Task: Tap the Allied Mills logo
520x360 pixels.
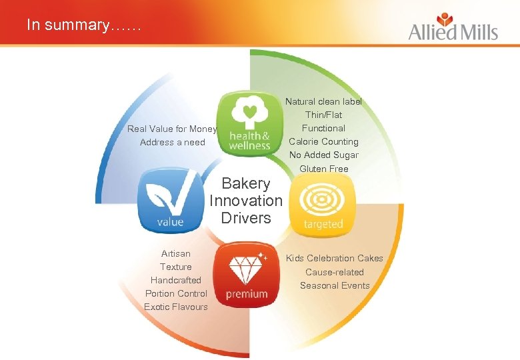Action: (453, 27)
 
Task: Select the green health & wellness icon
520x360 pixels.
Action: (249, 123)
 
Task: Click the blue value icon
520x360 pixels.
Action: (170, 200)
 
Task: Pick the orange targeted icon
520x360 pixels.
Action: (323, 203)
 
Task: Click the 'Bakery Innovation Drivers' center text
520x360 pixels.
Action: (246, 201)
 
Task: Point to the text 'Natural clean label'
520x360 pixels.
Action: (323, 102)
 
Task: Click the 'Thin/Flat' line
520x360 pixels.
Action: (323, 115)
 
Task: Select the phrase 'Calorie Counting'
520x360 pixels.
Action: (323, 141)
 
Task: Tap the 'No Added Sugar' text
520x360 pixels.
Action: (323, 155)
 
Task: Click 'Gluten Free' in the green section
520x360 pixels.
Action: (323, 169)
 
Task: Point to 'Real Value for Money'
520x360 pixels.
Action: (172, 129)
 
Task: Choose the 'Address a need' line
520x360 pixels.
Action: (172, 142)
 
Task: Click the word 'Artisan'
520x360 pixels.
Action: (176, 253)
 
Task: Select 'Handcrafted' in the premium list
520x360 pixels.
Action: (176, 280)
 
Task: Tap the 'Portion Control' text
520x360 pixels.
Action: (176, 293)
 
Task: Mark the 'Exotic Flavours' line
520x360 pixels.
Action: (176, 307)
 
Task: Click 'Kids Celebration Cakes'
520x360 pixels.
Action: (335, 258)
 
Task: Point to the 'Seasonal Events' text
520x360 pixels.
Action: (335, 285)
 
